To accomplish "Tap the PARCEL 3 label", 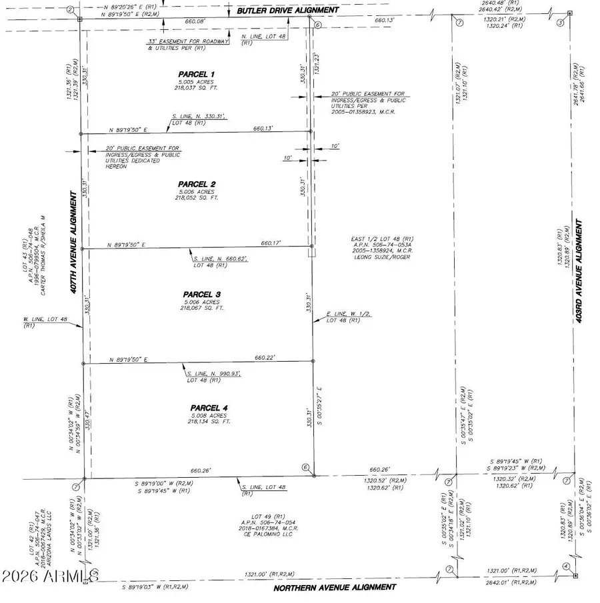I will [x=201, y=295].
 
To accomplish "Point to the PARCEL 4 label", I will [x=209, y=407].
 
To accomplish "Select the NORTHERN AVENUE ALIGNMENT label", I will [x=335, y=587].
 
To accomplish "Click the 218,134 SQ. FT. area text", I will [x=209, y=421].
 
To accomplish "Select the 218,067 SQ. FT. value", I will [x=201, y=308].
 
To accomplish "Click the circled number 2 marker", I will [x=70, y=9].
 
